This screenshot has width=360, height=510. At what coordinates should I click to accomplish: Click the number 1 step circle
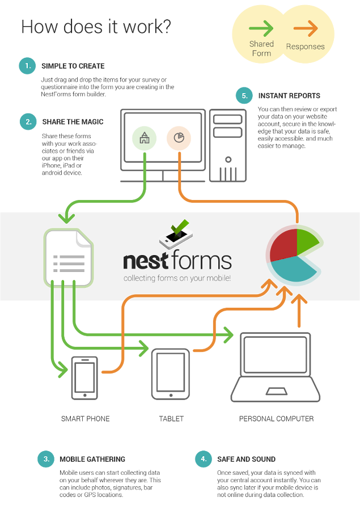27,66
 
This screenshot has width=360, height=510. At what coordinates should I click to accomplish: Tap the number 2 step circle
27,122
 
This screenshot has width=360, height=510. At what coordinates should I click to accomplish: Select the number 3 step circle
45,459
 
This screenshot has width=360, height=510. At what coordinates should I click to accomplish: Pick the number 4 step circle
202,459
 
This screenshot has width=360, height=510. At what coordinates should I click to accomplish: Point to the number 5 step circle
244,96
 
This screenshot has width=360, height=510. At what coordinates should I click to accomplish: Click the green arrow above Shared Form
261,28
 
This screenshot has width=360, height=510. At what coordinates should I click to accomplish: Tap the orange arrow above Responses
306,28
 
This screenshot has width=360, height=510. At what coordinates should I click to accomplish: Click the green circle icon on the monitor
144,138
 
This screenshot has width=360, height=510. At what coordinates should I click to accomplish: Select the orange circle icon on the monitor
179,138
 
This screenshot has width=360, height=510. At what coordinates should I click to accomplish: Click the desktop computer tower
228,144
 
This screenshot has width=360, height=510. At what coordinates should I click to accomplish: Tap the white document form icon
68,257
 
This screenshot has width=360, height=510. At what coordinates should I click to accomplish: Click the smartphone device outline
84,377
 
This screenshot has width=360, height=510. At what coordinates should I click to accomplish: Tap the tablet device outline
171,373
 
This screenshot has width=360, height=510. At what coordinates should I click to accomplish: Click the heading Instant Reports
289,96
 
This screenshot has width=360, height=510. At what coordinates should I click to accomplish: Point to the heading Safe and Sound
246,459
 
